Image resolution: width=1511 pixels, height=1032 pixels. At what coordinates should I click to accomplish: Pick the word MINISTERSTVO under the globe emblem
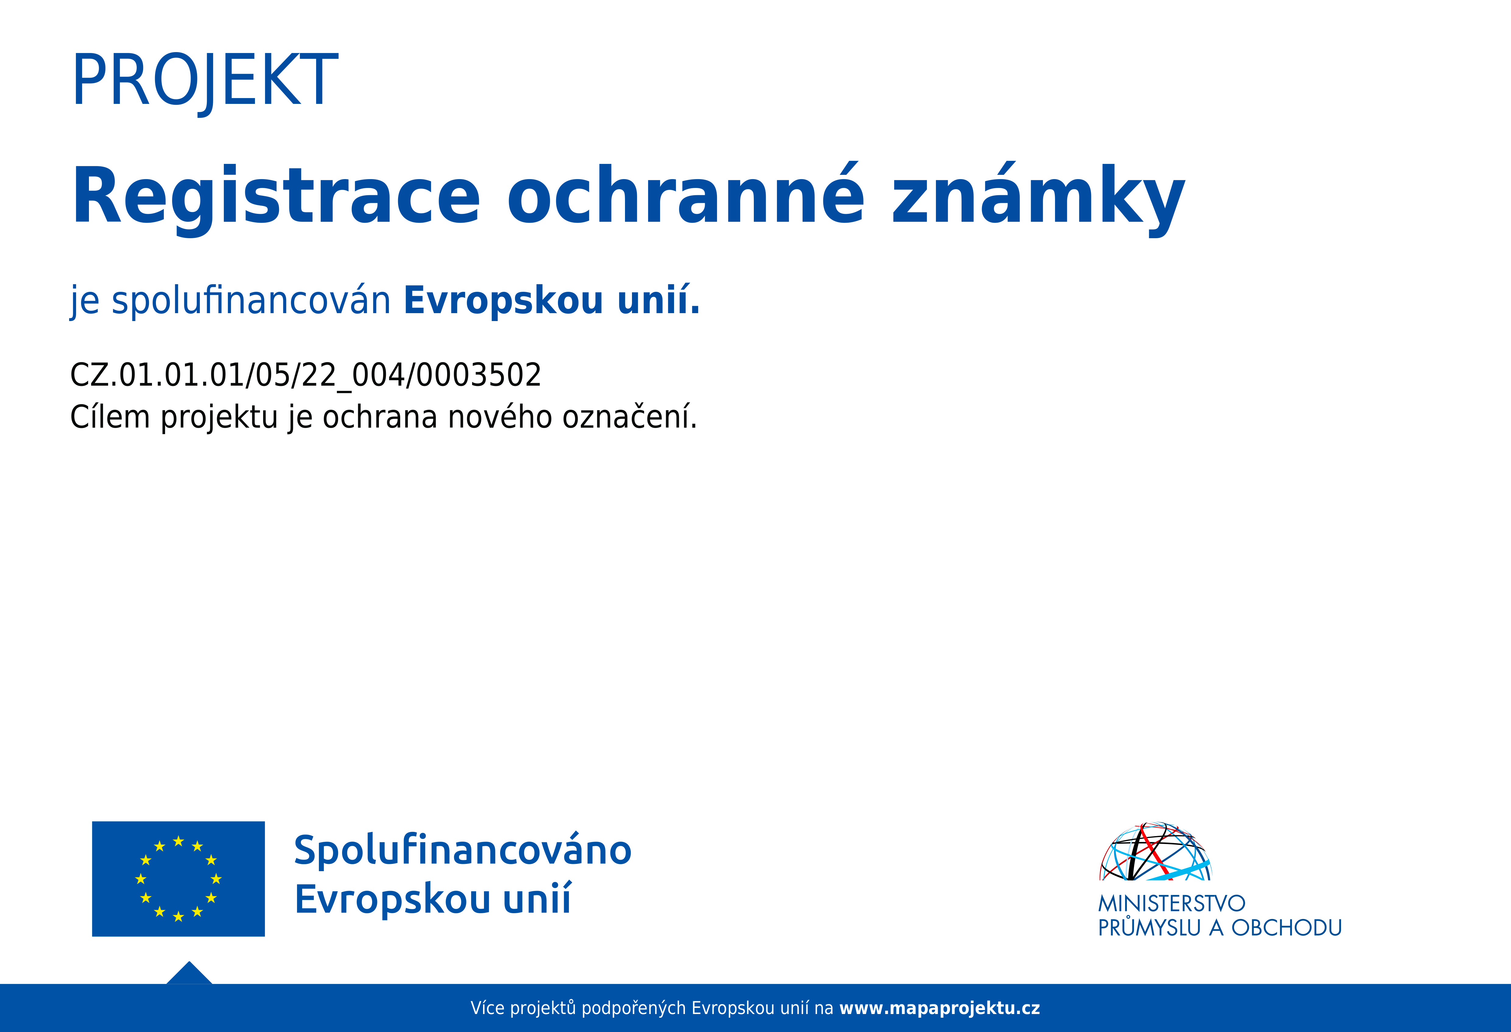[x=1172, y=903]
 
